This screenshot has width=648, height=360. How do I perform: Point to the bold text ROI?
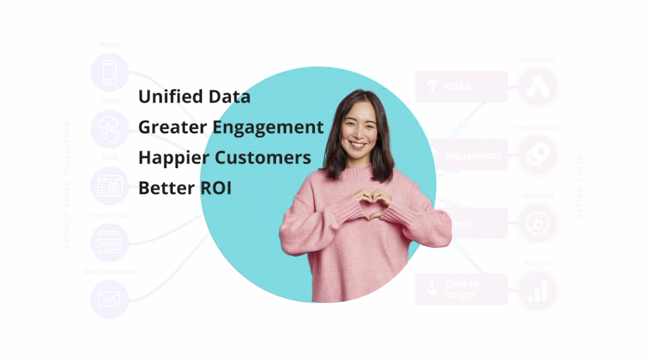[216, 188]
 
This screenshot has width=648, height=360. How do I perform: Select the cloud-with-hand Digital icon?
[110, 129]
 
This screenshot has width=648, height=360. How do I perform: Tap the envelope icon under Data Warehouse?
[110, 299]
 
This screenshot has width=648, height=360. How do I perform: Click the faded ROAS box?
[461, 86]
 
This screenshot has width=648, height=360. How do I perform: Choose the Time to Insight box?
[461, 288]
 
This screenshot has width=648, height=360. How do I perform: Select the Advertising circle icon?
[538, 87]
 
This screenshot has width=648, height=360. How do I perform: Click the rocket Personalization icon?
[538, 155]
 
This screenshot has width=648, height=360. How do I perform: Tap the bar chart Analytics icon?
[538, 291]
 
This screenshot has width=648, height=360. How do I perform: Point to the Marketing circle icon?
[538, 223]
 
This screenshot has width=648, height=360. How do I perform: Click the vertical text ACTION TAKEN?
[580, 186]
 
